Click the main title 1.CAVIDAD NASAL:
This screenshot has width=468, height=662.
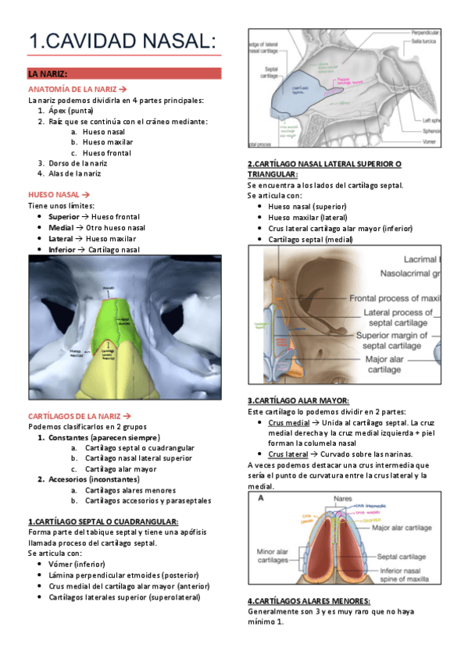click(121, 41)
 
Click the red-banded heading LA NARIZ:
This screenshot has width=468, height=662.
click(48, 74)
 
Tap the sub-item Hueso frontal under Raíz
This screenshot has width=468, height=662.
click(108, 153)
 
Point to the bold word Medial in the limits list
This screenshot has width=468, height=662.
click(60, 227)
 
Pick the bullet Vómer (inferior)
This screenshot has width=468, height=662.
click(77, 564)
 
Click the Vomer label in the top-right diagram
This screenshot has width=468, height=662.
click(432, 142)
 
